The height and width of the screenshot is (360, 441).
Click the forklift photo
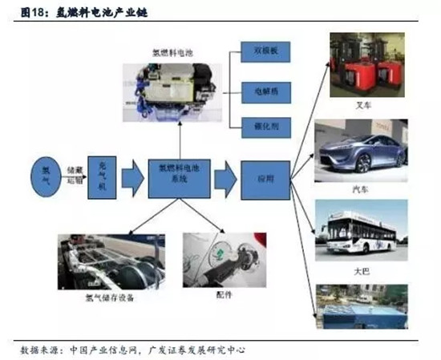(x=367, y=67)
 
